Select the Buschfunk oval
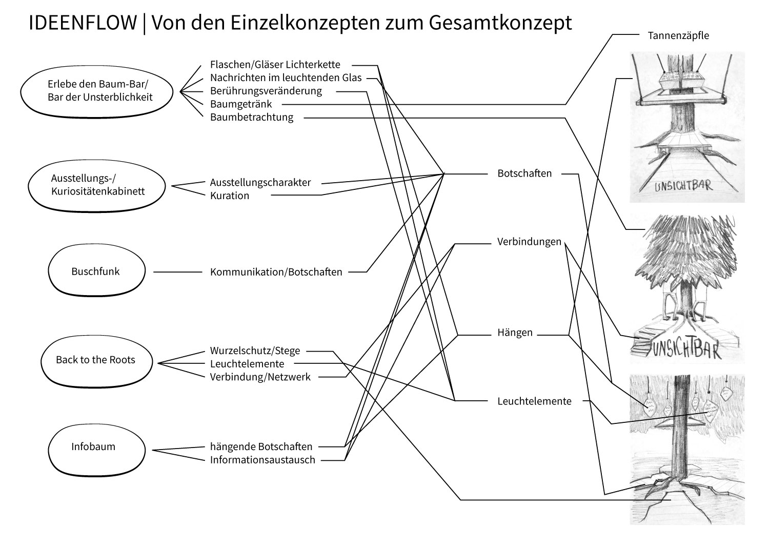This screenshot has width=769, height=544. (x=95, y=271)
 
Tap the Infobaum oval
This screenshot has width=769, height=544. (x=93, y=446)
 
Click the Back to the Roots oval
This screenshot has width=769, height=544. (x=95, y=360)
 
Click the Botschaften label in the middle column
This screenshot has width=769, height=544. (x=524, y=173)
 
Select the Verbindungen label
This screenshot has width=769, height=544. (x=529, y=242)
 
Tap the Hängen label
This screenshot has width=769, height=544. (x=515, y=333)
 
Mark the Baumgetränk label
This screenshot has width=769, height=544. (x=241, y=104)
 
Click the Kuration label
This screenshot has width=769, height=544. (x=229, y=196)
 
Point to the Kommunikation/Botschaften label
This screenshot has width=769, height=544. (x=276, y=272)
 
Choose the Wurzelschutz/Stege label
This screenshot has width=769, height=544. (x=255, y=351)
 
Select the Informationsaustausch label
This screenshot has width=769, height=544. (x=262, y=460)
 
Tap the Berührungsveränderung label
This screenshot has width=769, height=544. (x=266, y=91)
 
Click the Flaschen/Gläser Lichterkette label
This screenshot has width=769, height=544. (x=275, y=65)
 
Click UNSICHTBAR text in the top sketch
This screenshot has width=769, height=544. (x=683, y=185)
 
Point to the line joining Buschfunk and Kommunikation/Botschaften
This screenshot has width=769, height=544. (x=178, y=272)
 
